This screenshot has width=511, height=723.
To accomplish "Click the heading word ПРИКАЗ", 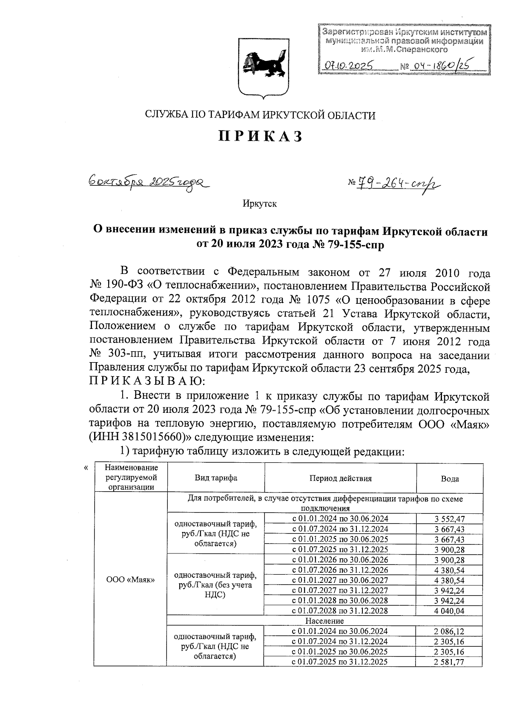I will (x=261, y=136).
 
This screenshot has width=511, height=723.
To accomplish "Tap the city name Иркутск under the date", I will (x=260, y=204).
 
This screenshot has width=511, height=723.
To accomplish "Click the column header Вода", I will (x=450, y=478).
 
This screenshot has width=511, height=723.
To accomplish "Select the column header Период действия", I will (x=340, y=478).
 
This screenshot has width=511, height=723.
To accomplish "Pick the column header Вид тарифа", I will (x=216, y=478).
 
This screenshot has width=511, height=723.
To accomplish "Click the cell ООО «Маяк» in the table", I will (x=130, y=580).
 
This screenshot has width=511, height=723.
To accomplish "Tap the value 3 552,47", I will (x=450, y=519).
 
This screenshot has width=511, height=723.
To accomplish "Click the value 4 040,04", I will (x=450, y=611).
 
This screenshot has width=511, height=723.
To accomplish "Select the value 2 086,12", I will (x=450, y=631).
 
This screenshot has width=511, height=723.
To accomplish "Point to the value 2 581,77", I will (x=450, y=662).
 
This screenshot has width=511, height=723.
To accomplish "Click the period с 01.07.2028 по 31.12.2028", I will (x=340, y=611).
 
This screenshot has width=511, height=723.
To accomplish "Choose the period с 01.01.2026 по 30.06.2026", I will (x=340, y=560).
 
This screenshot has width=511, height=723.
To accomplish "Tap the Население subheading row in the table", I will (x=324, y=621).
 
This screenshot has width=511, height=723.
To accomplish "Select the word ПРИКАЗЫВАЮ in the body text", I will (x=142, y=382).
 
